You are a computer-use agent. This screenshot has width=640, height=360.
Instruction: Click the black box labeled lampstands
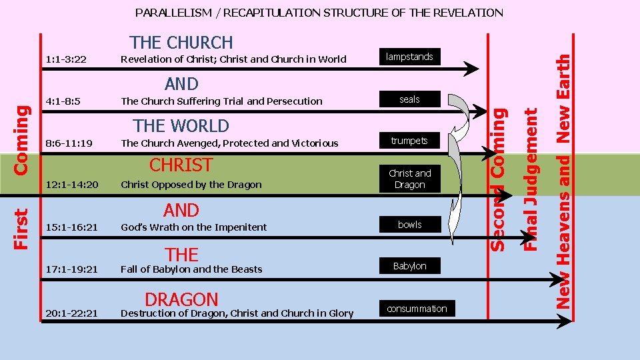point(409,57)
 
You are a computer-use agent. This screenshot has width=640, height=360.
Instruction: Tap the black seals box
point(409,99)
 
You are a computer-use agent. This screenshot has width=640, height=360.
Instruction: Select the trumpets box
point(409,141)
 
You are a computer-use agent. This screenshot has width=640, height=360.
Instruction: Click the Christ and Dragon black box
point(409,179)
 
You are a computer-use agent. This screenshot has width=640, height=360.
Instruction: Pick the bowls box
point(409,225)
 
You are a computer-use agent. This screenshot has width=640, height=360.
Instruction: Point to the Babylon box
point(409,266)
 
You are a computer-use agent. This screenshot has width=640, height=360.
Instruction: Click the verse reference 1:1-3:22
point(66,59)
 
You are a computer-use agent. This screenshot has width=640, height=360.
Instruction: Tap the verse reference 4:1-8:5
point(63,101)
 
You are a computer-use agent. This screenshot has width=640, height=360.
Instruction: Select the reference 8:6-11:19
point(68,143)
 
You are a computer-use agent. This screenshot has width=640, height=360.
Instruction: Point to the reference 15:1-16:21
point(71,227)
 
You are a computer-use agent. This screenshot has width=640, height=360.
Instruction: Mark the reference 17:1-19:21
point(71,269)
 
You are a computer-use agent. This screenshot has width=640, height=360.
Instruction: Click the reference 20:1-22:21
point(71,313)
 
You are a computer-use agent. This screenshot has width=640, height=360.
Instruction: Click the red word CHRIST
point(181,165)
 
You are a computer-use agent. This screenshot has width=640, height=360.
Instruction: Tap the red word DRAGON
point(181,299)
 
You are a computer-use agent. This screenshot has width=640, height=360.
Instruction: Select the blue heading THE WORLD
point(181,125)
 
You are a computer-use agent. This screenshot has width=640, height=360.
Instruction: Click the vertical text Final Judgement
point(531,180)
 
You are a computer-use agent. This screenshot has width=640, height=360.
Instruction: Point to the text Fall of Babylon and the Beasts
point(191,269)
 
